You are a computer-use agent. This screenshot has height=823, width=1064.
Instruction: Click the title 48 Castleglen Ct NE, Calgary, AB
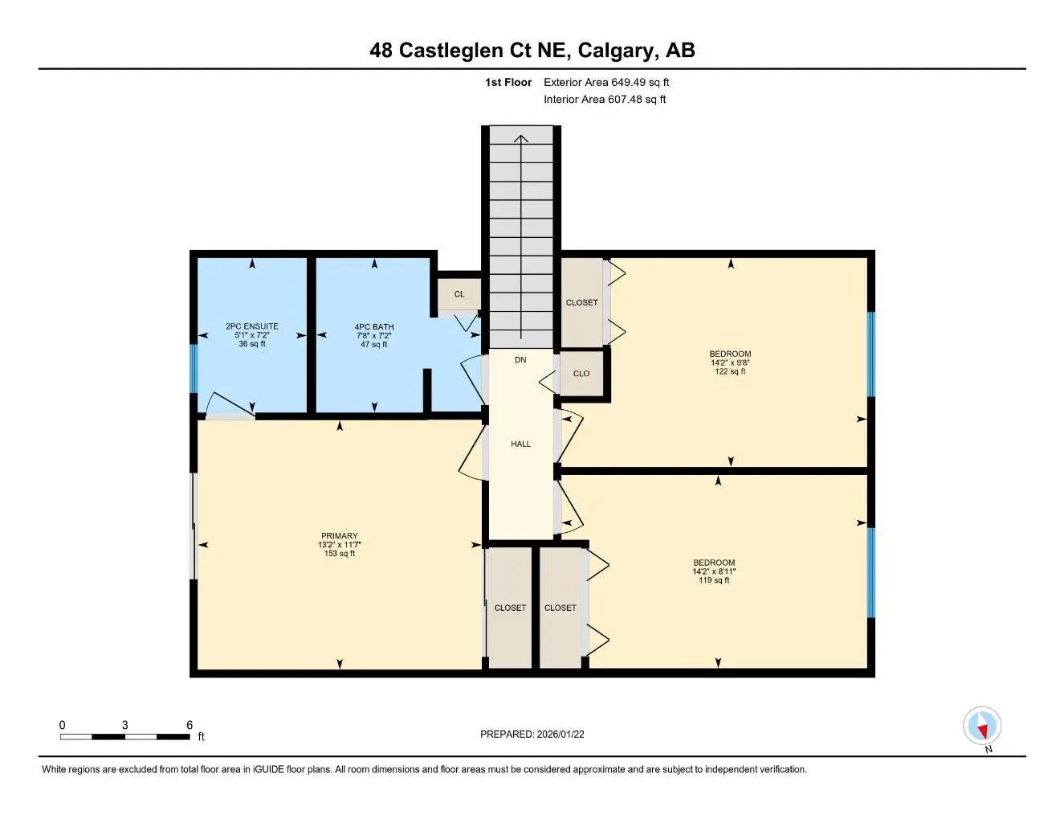pyautogui.click(x=532, y=50)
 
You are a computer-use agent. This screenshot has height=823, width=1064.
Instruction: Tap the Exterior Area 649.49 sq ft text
pyautogui.click(x=605, y=82)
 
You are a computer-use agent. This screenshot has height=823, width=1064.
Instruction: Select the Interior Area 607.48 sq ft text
pyautogui.click(x=604, y=100)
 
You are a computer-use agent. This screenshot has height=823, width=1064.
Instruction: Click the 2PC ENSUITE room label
pyautogui.click(x=252, y=326)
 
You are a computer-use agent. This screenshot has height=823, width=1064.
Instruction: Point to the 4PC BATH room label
pyautogui.click(x=374, y=327)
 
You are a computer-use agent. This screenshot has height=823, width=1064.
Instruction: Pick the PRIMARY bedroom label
pyautogui.click(x=339, y=536)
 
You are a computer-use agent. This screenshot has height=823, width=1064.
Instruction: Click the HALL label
pyautogui.click(x=520, y=444)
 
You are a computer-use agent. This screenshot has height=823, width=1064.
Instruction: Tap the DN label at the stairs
pyautogui.click(x=520, y=360)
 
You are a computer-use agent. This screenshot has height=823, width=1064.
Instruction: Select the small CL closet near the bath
pyautogui.click(x=459, y=294)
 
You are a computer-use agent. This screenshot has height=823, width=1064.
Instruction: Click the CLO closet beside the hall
pyautogui.click(x=581, y=373)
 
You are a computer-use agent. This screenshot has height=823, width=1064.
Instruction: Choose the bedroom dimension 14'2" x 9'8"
pyautogui.click(x=730, y=362)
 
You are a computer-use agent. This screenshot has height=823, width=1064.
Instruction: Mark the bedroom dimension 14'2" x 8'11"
pyautogui.click(x=714, y=571)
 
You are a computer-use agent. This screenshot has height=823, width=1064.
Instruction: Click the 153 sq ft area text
pyautogui.click(x=339, y=553)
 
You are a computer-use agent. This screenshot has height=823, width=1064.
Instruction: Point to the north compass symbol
pyautogui.click(x=981, y=727)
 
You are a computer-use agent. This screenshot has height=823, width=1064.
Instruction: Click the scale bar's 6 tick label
pyautogui.click(x=190, y=725)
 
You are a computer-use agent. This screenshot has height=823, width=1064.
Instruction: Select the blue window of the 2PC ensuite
pyautogui.click(x=193, y=368)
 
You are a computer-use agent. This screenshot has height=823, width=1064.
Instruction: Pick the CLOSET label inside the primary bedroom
pyautogui.click(x=510, y=608)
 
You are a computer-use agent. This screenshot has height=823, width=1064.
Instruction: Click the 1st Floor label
pyautogui.click(x=508, y=82)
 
